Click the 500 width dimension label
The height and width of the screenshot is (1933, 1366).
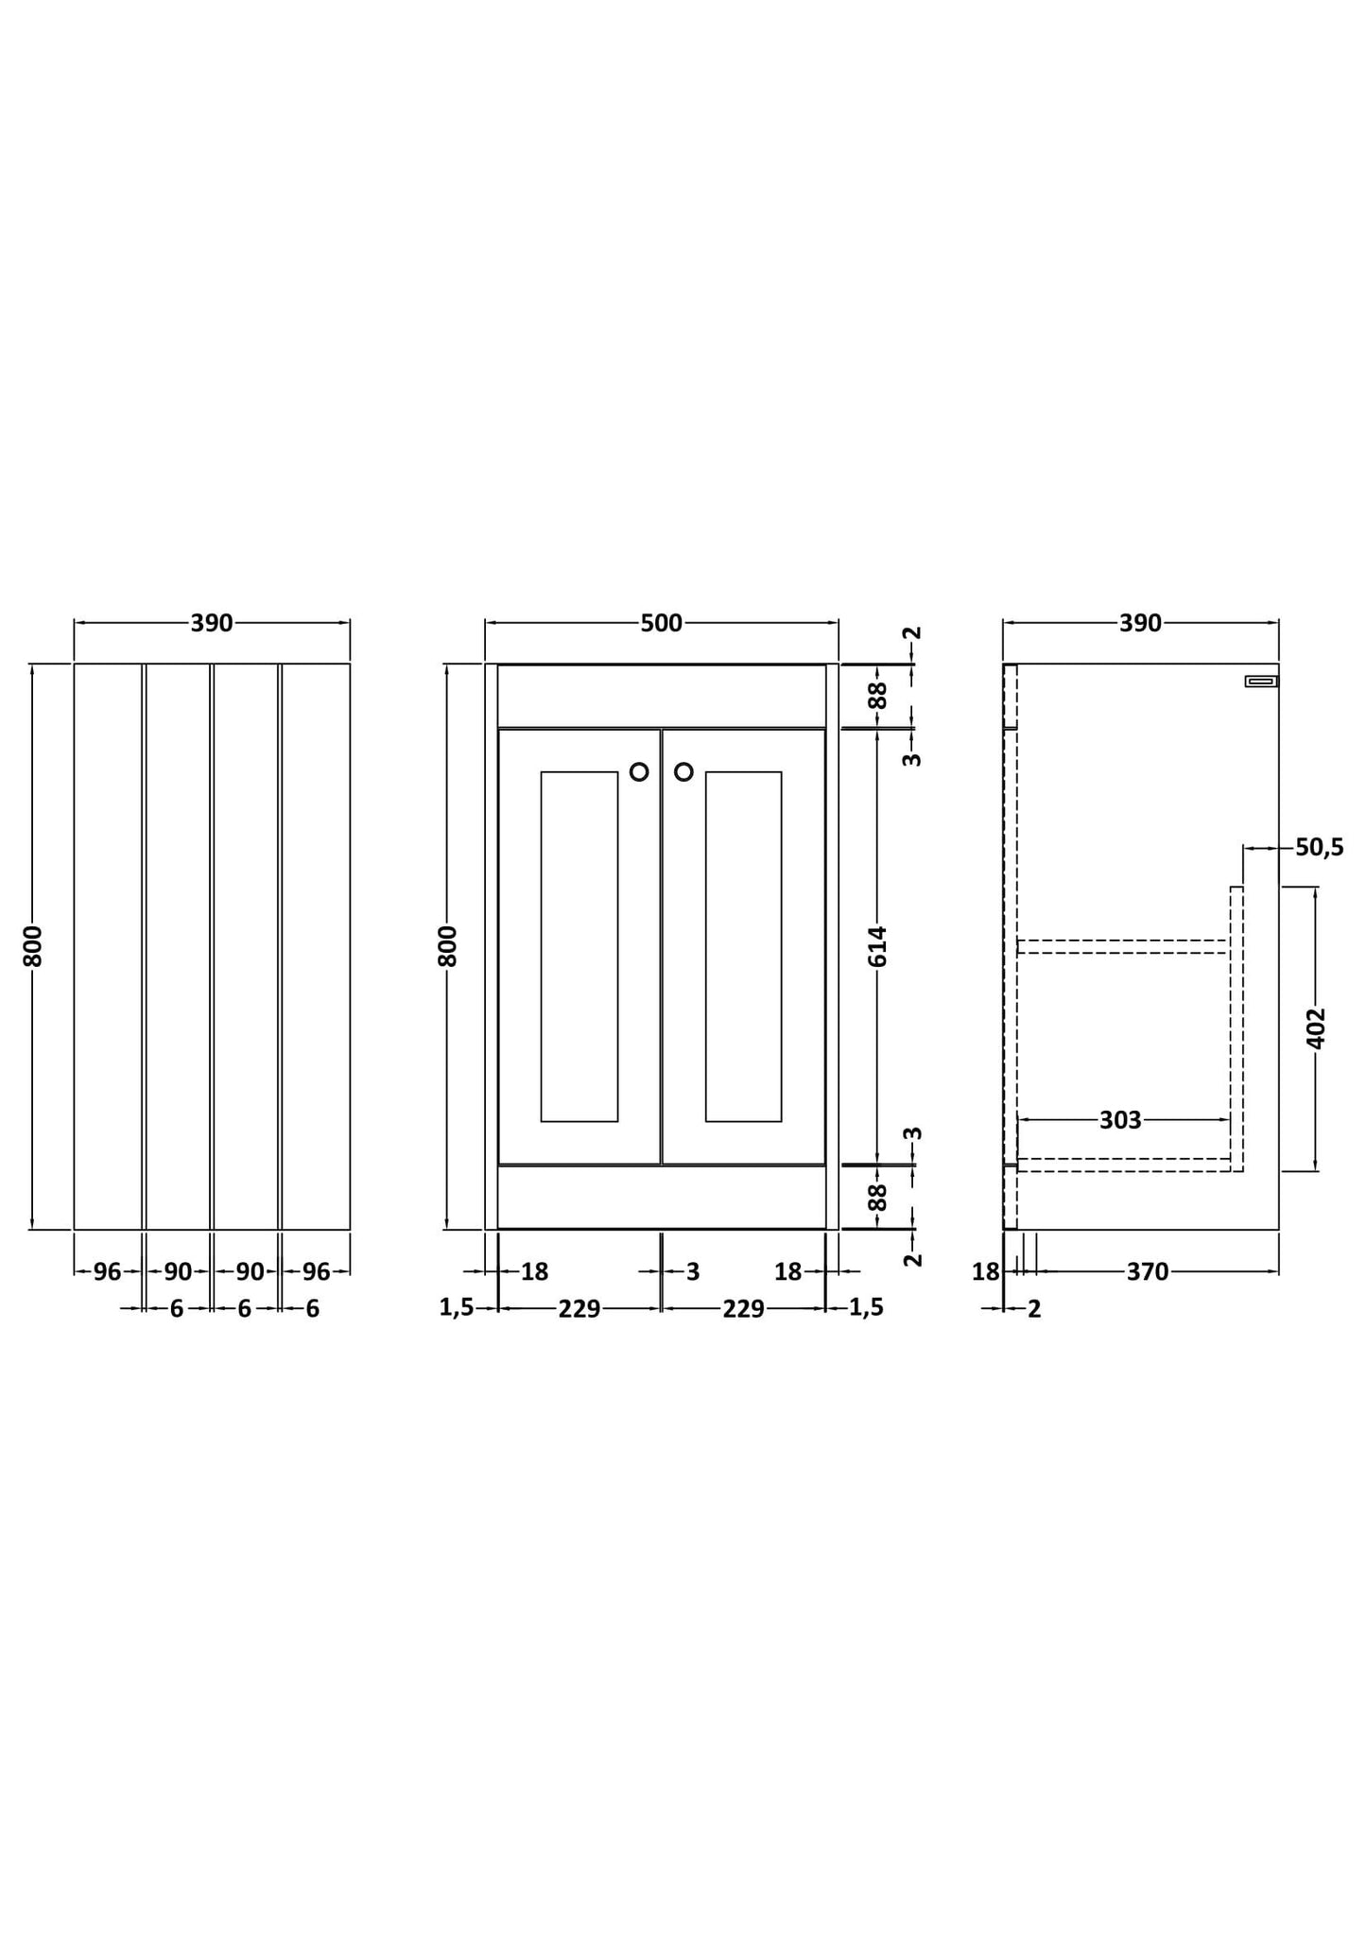pyautogui.click(x=662, y=623)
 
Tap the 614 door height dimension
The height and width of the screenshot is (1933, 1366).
pyautogui.click(x=878, y=946)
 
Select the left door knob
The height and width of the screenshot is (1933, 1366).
pyautogui.click(x=639, y=772)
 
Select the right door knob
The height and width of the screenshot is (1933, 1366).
pyautogui.click(x=683, y=772)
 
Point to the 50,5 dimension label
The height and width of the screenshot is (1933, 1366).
pyautogui.click(x=1319, y=848)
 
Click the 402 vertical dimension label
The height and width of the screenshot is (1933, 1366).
pyautogui.click(x=1316, y=1027)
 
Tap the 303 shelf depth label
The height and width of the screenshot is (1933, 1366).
pyautogui.click(x=1120, y=1120)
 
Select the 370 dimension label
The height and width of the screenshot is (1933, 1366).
pyautogui.click(x=1148, y=1272)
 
